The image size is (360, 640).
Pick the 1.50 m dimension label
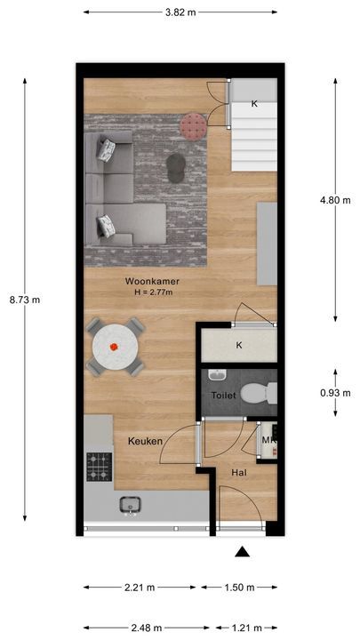point(237,588)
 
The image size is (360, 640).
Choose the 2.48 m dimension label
point(145,628)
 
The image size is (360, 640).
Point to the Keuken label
point(144,440)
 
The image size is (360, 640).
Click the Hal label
point(239,473)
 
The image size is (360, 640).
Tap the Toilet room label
point(223,395)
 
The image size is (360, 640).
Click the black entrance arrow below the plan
point(241,552)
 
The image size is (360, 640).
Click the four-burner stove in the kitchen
point(98,464)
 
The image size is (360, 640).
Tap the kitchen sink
point(132,505)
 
